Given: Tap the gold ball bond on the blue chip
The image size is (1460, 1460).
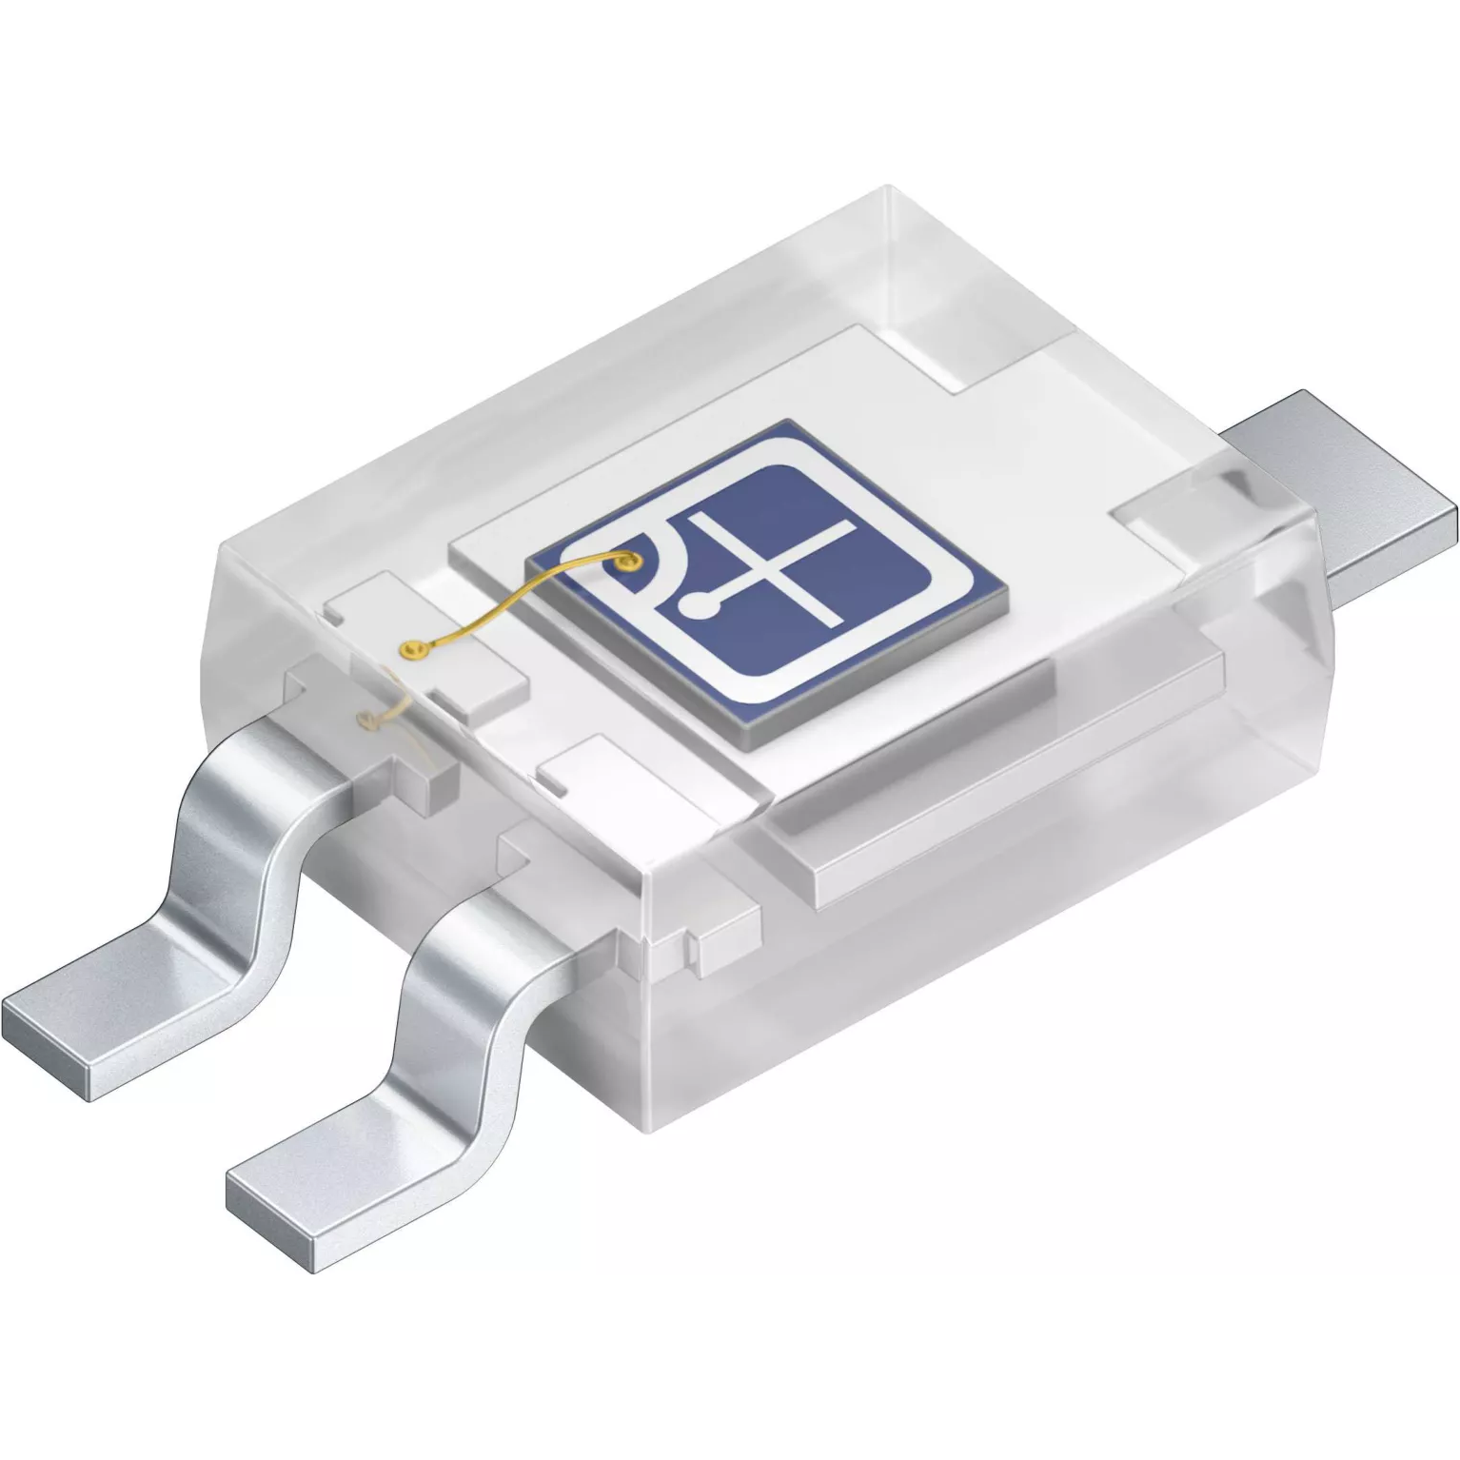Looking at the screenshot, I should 625,563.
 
